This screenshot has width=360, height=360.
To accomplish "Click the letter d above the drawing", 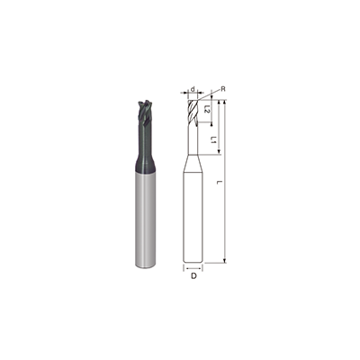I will [x=193, y=89].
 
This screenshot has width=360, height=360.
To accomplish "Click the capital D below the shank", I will [x=194, y=276].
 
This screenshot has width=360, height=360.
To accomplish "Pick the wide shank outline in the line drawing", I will [x=194, y=216].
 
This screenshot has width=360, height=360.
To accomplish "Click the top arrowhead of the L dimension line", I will [x=225, y=103].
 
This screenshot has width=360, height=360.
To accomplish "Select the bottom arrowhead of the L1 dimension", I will [x=219, y=153].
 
